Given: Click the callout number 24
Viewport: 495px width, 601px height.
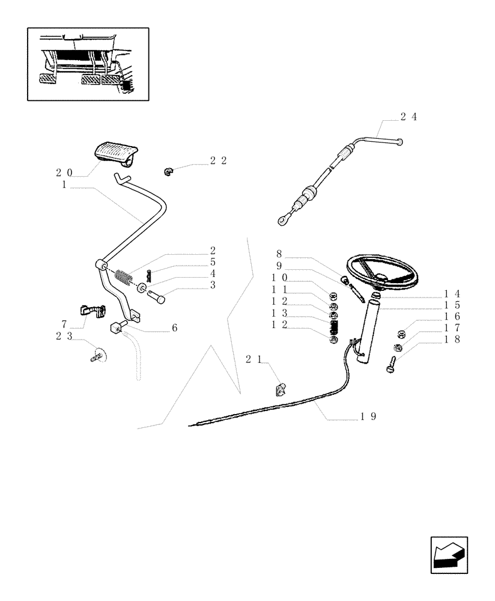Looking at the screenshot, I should click(x=408, y=117).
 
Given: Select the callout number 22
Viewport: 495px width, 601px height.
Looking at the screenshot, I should click(x=218, y=161).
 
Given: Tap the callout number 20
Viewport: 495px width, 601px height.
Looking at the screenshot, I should click(x=64, y=172).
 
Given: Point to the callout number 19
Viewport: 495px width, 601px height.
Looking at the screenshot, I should click(x=369, y=416).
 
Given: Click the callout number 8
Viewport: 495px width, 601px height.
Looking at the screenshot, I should click(x=279, y=254).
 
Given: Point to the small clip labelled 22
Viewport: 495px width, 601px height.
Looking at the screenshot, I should click(x=168, y=172).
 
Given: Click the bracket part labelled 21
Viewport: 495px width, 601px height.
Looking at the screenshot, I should click(x=281, y=390).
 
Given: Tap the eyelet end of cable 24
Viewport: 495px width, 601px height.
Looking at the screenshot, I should click(x=282, y=221).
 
